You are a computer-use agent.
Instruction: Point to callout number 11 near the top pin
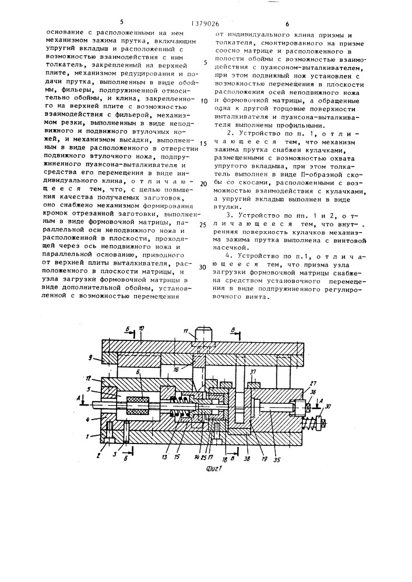point(185,331)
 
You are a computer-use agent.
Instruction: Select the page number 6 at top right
point(287,24)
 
